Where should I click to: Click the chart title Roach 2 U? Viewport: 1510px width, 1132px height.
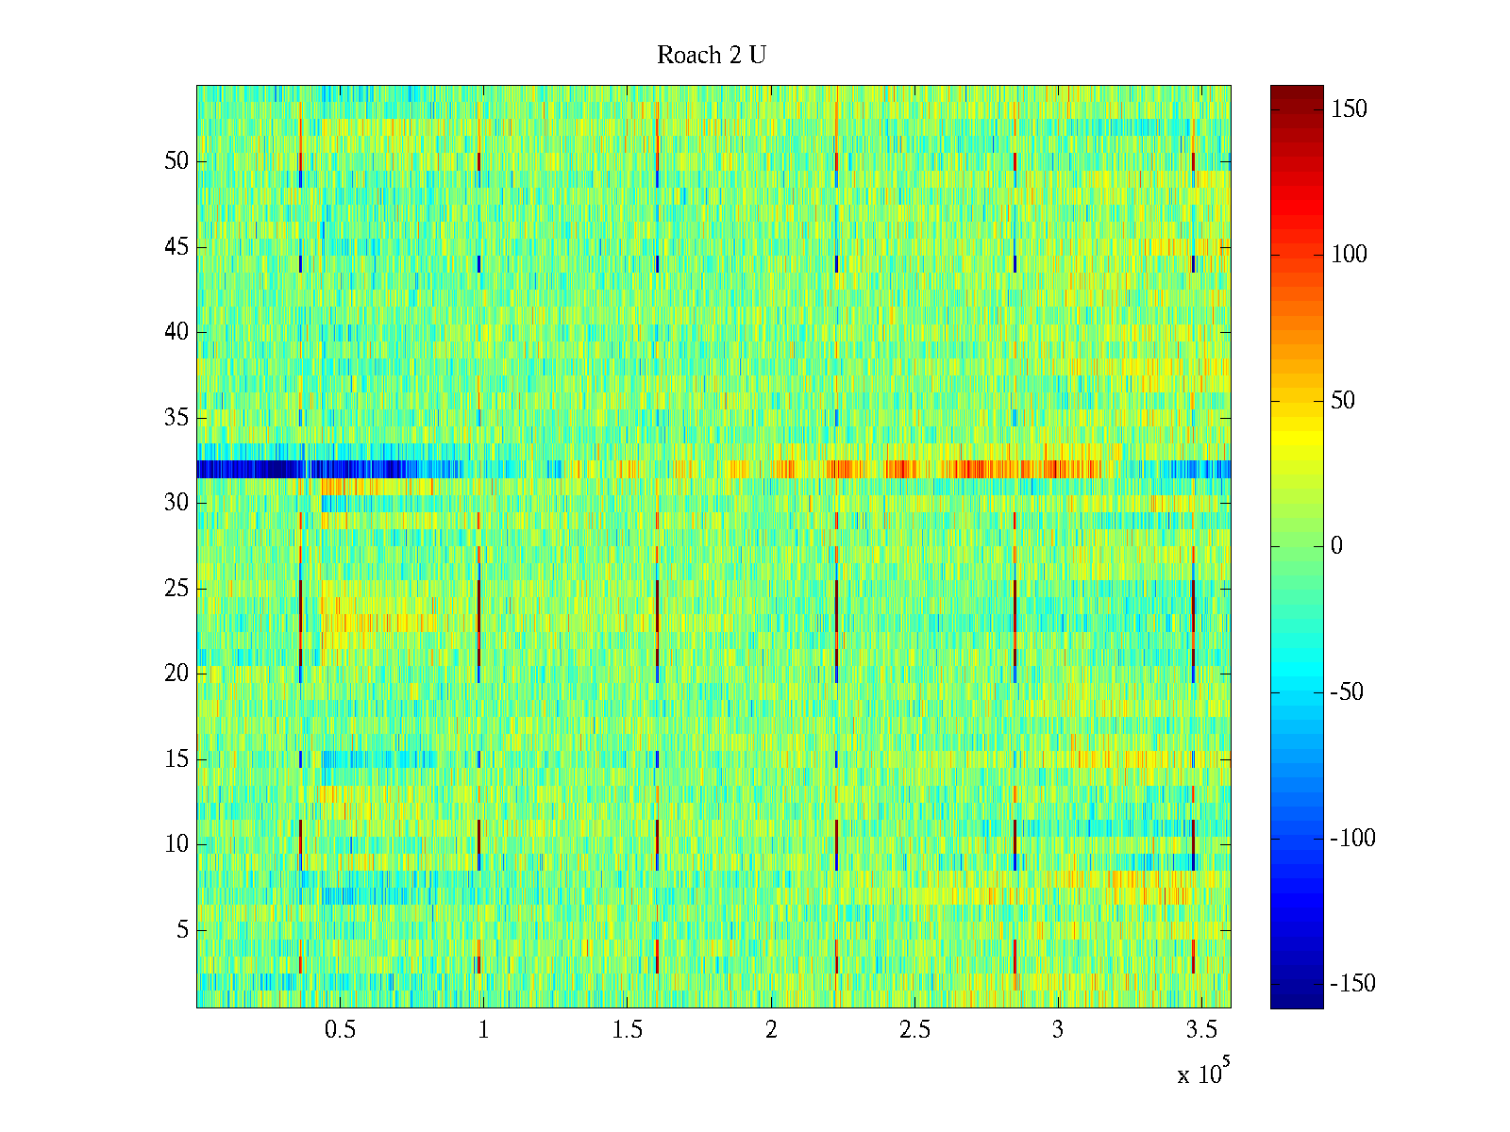click(x=712, y=56)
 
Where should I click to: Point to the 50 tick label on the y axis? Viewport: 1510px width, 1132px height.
click(x=176, y=161)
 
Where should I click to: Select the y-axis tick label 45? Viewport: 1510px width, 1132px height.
click(x=176, y=247)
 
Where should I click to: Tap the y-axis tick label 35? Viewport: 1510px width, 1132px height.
click(x=176, y=418)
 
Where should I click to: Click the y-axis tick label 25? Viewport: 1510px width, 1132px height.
click(x=176, y=589)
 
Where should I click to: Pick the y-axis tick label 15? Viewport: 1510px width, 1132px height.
click(x=176, y=759)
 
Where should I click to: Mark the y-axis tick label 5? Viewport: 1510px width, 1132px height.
click(x=182, y=930)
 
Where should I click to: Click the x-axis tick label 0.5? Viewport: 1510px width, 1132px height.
click(x=340, y=1030)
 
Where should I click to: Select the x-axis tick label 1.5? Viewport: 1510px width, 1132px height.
click(x=628, y=1030)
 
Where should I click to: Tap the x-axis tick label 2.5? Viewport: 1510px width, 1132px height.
click(x=914, y=1030)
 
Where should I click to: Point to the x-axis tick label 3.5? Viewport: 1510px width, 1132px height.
click(x=1202, y=1030)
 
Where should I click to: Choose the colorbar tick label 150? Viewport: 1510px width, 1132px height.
click(x=1350, y=109)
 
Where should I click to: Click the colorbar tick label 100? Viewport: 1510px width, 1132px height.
click(x=1350, y=255)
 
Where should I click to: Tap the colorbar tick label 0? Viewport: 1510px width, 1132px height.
click(x=1336, y=546)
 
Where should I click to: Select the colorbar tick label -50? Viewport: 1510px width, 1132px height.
click(x=1347, y=692)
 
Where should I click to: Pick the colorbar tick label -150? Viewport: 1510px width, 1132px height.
click(x=1352, y=984)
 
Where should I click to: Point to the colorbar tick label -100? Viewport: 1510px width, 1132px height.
click(x=1352, y=839)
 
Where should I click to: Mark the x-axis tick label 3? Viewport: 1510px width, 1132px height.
click(x=1058, y=1030)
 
